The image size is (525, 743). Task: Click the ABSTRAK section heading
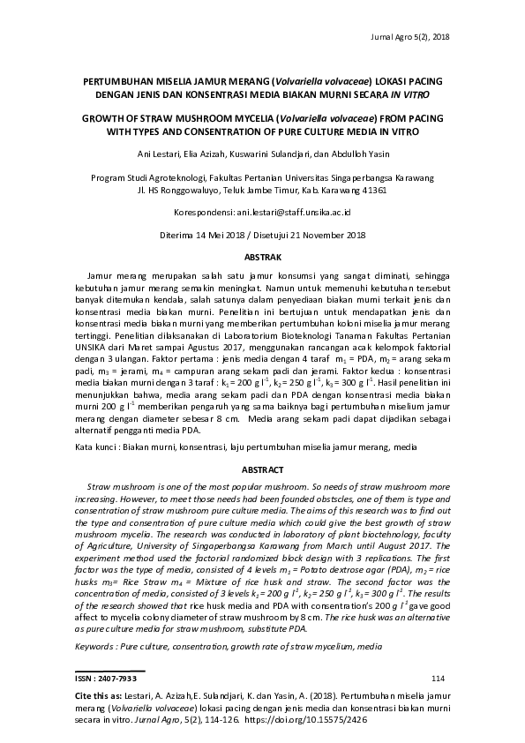[x=262, y=257]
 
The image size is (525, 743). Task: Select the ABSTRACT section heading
[x=262, y=470]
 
